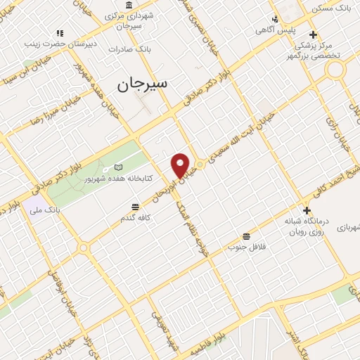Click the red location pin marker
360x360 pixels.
coord(181,165)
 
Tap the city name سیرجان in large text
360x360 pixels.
coord(144,84)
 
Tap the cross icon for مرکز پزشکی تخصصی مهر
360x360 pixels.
coord(313,34)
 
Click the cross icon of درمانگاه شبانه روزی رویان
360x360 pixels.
coord(307,210)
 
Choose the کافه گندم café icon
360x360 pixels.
coord(135,206)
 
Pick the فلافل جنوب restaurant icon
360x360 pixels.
coord(246,236)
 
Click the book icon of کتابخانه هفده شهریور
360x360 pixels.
coord(118,167)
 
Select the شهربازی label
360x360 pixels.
coord(348,227)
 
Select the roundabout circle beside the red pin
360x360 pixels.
coord(200,164)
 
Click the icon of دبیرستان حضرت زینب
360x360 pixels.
coord(60,32)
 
